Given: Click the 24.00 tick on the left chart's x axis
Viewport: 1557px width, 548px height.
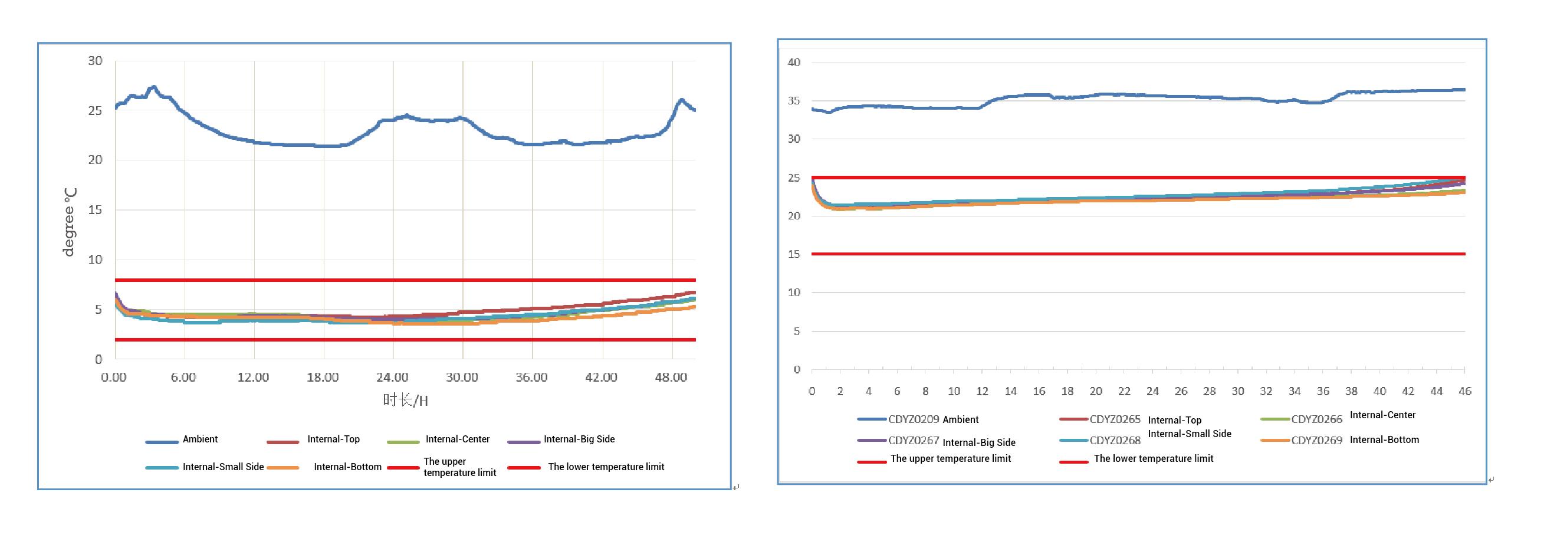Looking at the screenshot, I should (x=392, y=378).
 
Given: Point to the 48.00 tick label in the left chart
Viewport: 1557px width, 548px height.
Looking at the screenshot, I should (x=671, y=378).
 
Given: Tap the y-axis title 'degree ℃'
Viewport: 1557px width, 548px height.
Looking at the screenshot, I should (x=70, y=221).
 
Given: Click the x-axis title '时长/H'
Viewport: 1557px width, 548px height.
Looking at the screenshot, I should (x=405, y=400).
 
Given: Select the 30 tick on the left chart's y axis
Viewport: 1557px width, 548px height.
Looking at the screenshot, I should (x=95, y=61).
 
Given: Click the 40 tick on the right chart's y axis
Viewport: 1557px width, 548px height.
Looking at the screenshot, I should (x=794, y=63).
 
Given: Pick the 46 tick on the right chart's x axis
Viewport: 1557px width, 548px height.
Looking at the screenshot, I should (x=1464, y=391).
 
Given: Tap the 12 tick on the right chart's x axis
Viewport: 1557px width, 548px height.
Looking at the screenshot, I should (x=982, y=391).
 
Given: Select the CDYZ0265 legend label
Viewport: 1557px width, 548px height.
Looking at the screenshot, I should (x=1115, y=419).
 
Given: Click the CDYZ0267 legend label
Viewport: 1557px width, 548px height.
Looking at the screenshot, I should (x=914, y=441).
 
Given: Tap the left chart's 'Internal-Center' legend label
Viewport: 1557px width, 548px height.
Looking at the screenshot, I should (x=458, y=439).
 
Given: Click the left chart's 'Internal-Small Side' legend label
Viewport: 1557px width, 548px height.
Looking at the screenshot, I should (x=223, y=467).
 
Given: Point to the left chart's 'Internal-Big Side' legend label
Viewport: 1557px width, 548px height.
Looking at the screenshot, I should (x=579, y=439).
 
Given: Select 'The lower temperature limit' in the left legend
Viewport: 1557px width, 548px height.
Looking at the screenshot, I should (x=606, y=467).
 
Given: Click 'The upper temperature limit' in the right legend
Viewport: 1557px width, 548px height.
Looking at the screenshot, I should (x=950, y=458).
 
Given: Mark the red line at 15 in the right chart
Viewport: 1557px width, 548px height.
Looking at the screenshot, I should (x=1136, y=254).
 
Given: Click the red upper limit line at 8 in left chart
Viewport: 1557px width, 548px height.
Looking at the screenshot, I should (x=405, y=280).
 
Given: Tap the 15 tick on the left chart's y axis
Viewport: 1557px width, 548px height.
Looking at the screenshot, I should (x=95, y=210).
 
